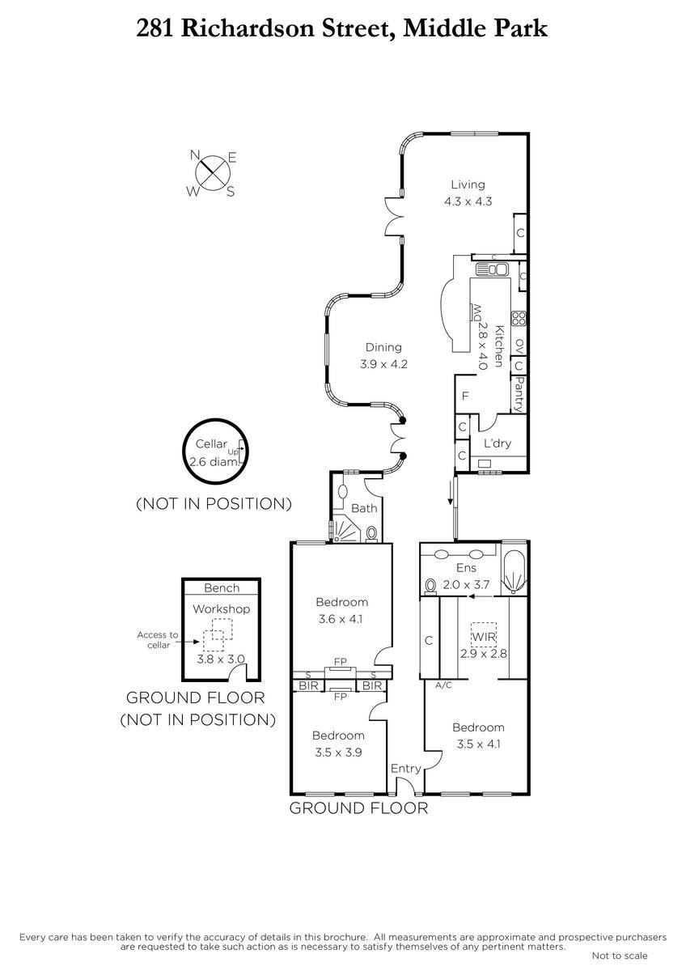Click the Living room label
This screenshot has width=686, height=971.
(x=468, y=184)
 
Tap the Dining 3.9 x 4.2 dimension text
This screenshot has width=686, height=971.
(x=384, y=364)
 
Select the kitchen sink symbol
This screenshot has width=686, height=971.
(x=492, y=269)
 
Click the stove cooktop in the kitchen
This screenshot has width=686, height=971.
(x=519, y=319)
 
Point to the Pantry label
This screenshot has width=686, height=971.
(x=519, y=394)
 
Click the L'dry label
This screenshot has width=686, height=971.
(x=498, y=443)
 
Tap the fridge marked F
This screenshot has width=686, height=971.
(x=465, y=396)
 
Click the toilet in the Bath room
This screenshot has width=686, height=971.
(x=372, y=533)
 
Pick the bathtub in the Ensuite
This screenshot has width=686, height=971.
(x=514, y=568)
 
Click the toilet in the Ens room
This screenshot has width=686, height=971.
(x=430, y=587)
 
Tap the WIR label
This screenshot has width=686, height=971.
(x=483, y=637)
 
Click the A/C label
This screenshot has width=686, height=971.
(x=443, y=685)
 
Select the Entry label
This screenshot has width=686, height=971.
(x=405, y=769)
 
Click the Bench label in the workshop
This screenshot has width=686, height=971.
(x=222, y=587)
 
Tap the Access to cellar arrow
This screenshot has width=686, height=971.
(x=191, y=642)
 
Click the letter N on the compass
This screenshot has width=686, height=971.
(x=195, y=155)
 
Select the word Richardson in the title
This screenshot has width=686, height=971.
(x=247, y=29)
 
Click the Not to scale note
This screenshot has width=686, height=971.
(x=620, y=956)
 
